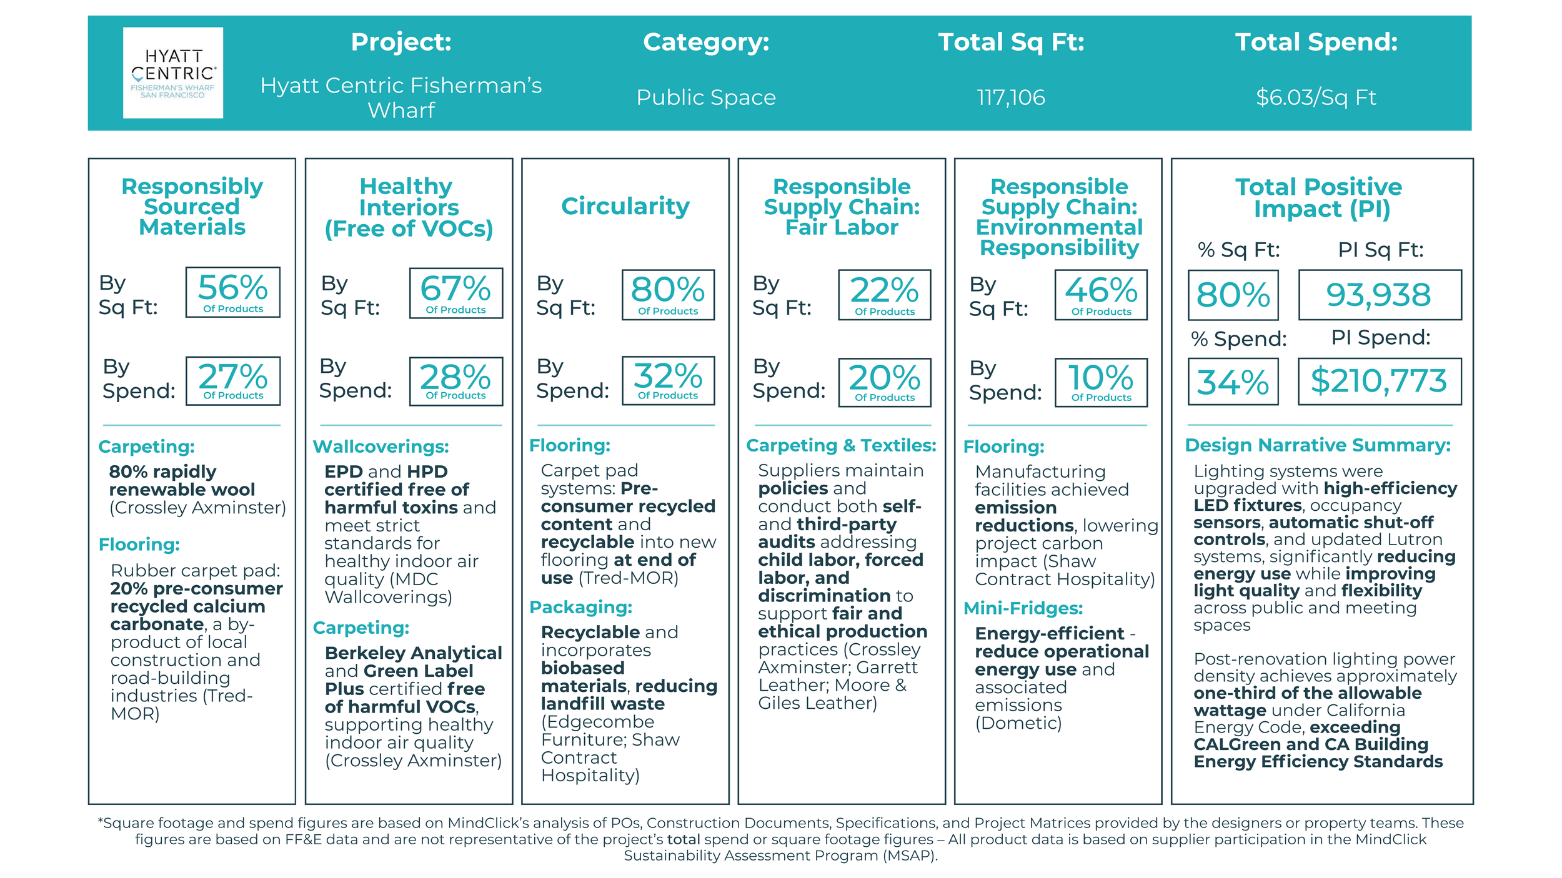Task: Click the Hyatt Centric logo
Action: (x=173, y=73)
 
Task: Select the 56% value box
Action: (x=232, y=292)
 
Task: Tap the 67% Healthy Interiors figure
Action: (x=455, y=293)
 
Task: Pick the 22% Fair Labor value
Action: (x=884, y=295)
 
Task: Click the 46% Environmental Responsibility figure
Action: (x=1101, y=295)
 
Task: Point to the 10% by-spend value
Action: (x=1101, y=382)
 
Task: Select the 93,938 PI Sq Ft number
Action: (x=1379, y=295)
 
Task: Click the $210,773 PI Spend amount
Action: (x=1379, y=381)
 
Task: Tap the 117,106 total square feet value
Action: (x=1010, y=97)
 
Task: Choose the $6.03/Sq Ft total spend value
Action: (x=1316, y=97)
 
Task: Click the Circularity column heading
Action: (x=625, y=206)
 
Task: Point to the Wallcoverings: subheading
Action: (x=381, y=446)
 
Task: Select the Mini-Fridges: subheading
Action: (x=1023, y=608)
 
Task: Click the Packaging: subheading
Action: (x=580, y=607)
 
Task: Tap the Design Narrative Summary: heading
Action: (x=1318, y=445)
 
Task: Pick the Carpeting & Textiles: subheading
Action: (x=841, y=445)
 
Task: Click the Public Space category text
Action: (x=706, y=97)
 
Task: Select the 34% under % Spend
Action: (x=1233, y=382)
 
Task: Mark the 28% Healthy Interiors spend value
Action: (x=455, y=381)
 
